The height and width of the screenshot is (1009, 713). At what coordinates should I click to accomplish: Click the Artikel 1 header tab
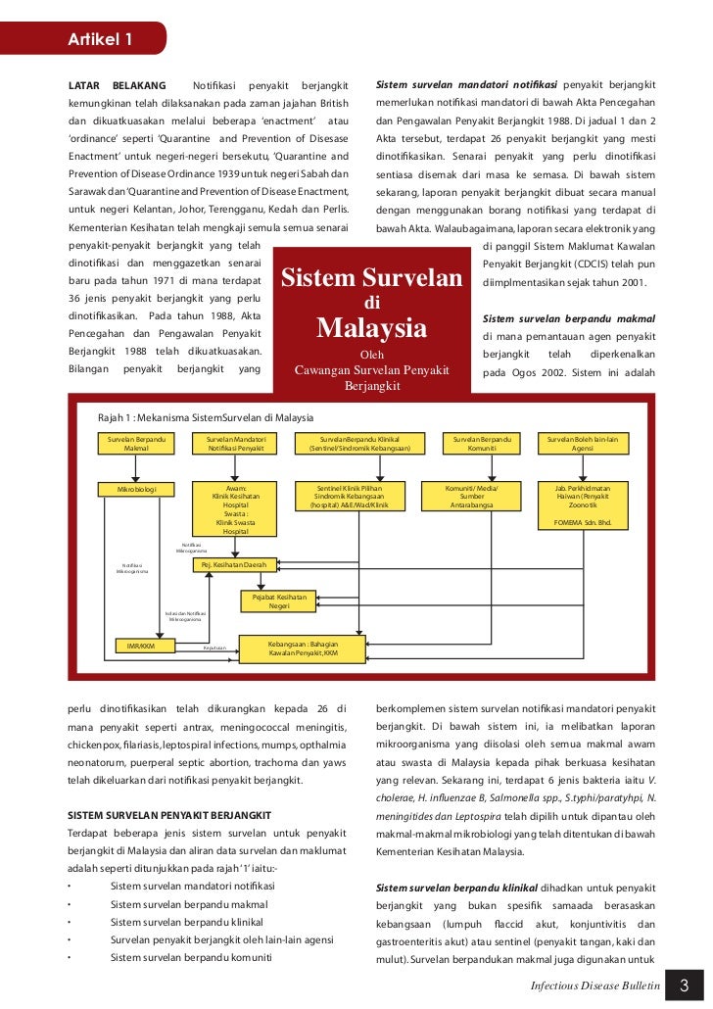click(x=99, y=39)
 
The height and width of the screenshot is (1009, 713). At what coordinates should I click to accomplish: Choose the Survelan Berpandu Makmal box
click(x=136, y=443)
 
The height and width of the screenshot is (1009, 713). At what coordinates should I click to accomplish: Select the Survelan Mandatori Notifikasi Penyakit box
click(x=235, y=443)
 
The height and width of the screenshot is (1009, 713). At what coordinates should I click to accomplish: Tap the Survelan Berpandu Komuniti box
click(x=481, y=443)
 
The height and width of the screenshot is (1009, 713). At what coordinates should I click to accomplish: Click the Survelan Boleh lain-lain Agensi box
click(x=589, y=443)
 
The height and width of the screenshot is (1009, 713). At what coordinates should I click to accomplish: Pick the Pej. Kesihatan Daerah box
click(x=234, y=565)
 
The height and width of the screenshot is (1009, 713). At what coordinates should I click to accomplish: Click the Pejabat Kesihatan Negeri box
click(x=279, y=601)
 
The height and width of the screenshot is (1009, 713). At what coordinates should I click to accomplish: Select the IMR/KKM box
click(x=142, y=646)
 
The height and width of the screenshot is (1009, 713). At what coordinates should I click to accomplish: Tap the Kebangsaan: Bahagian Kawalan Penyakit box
click(x=304, y=648)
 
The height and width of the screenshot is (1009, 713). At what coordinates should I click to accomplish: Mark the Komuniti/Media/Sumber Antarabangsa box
click(x=472, y=496)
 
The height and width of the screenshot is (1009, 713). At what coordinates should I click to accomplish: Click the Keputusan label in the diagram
click(x=214, y=648)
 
